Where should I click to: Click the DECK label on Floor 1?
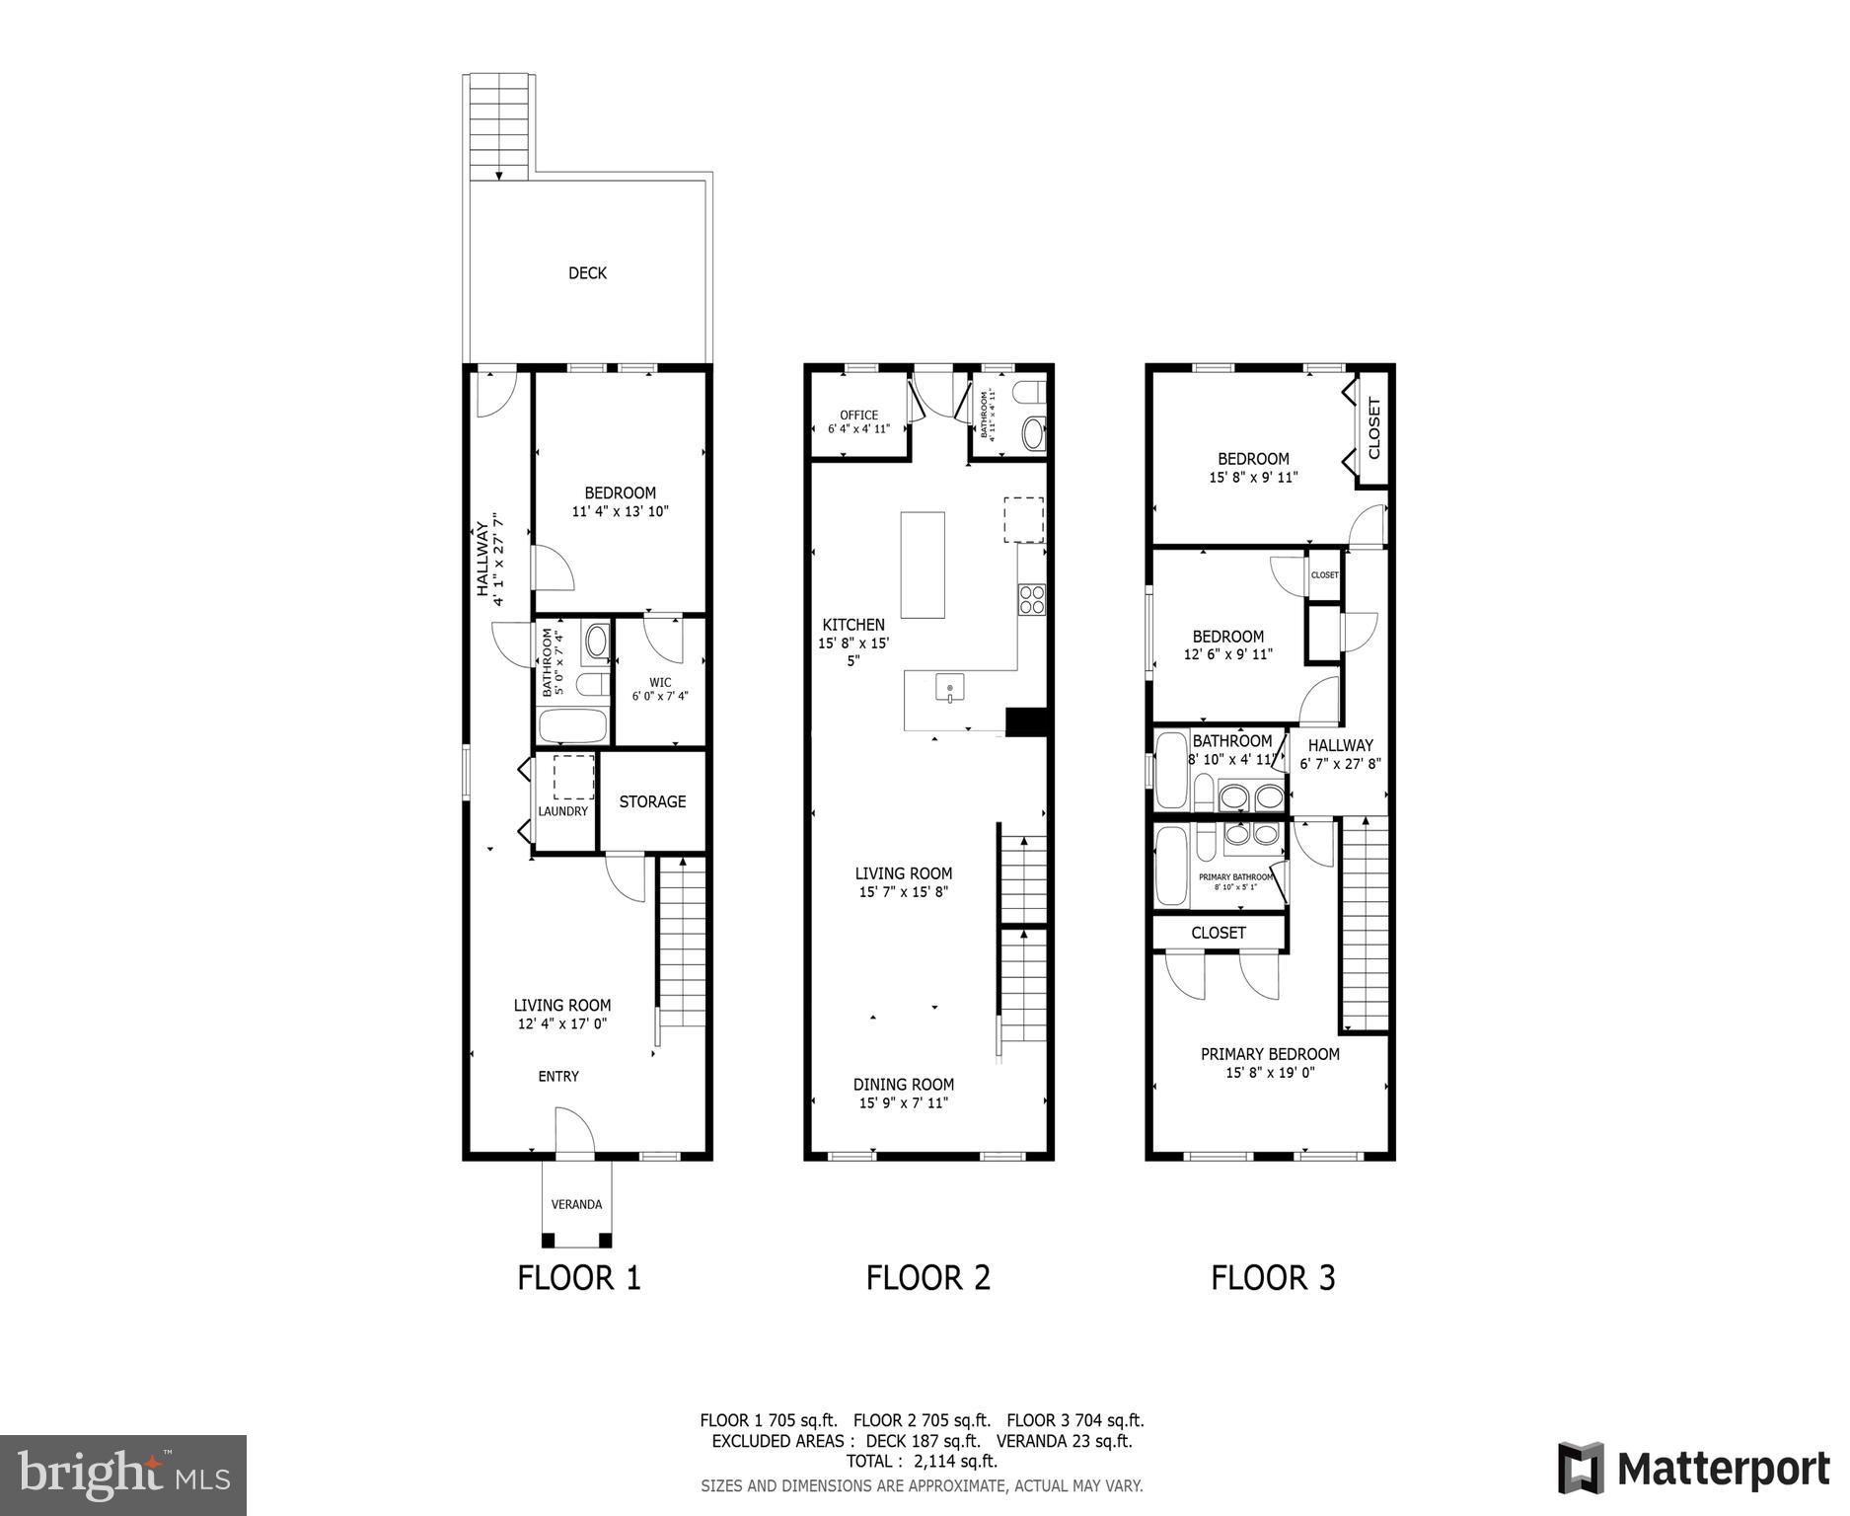(x=587, y=273)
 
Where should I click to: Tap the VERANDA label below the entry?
(x=576, y=1204)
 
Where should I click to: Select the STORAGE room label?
(x=652, y=801)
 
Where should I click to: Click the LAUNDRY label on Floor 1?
(x=563, y=811)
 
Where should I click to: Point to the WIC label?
(x=660, y=682)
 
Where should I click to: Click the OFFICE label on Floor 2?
(x=858, y=415)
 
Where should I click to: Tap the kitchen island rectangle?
(x=923, y=565)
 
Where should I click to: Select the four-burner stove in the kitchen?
(x=1032, y=599)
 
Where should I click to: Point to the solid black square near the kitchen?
(x=1025, y=721)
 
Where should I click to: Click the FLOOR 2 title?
(x=927, y=1278)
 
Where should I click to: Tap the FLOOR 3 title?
(x=1273, y=1278)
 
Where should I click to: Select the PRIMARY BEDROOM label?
(x=1270, y=1054)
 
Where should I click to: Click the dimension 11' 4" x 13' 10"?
(x=621, y=511)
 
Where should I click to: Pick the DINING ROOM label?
(x=904, y=1084)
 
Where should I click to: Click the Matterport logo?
(x=1693, y=1469)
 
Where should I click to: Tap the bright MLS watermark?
(x=123, y=1476)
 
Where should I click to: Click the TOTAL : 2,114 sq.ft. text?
(x=922, y=1461)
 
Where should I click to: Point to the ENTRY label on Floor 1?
(x=558, y=1076)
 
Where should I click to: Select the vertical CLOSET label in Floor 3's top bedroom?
(x=1374, y=428)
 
